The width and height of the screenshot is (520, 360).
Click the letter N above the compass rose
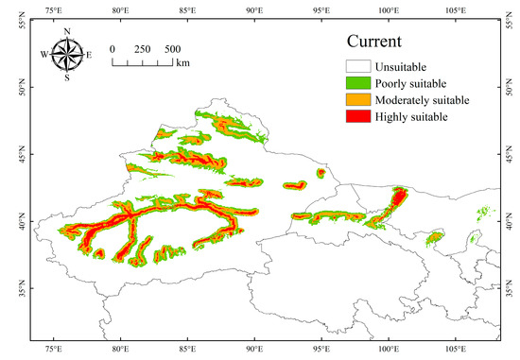coord(66,31)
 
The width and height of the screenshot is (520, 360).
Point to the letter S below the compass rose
coord(66,78)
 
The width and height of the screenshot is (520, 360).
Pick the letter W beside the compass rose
coord(43,55)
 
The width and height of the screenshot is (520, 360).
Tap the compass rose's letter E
coord(89,55)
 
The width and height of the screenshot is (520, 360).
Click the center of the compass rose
coord(66,55)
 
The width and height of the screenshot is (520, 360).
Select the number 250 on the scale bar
coord(143,49)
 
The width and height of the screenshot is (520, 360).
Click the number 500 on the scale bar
coord(173,49)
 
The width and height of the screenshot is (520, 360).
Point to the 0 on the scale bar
coord(113,49)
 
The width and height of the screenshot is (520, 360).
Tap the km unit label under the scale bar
coord(182,64)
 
